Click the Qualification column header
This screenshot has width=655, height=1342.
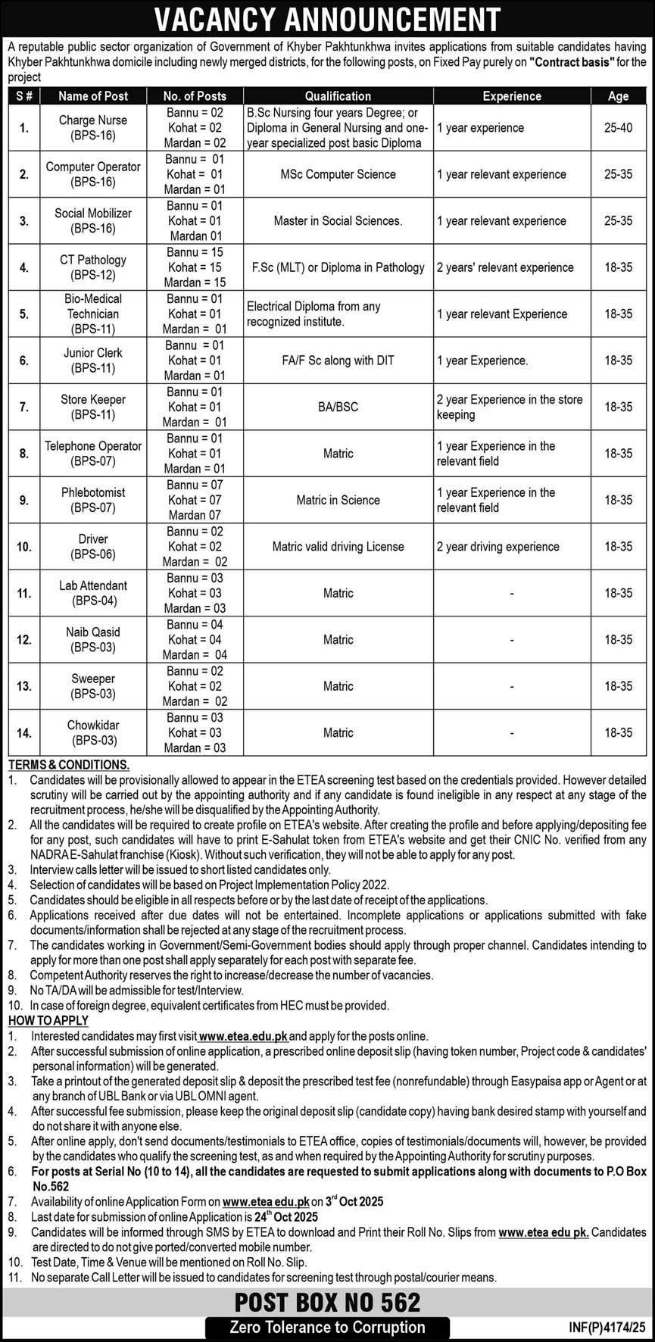[338, 96]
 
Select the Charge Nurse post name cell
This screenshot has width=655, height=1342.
[93, 128]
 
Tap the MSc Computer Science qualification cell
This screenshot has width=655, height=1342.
[338, 174]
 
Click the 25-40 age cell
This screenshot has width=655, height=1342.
[618, 128]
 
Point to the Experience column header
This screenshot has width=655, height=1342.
[512, 96]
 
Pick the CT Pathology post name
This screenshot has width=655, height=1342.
[93, 267]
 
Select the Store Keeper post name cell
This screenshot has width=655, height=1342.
[93, 407]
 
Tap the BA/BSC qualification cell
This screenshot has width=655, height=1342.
[338, 407]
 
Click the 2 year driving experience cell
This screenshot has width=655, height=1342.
[497, 546]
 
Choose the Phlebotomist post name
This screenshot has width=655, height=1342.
[93, 500]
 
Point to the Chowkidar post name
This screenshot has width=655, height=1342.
[93, 732]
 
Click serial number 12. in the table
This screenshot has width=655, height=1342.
[24, 640]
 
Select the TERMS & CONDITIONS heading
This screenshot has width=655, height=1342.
[69, 765]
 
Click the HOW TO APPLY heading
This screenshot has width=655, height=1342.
[48, 1020]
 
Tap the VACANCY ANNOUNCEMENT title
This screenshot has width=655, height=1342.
[327, 19]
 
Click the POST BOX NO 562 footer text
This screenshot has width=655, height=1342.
[327, 1302]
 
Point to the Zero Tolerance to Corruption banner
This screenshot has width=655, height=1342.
[327, 1327]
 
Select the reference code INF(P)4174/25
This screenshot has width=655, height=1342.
[607, 1328]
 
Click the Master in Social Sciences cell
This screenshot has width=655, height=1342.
[338, 221]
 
